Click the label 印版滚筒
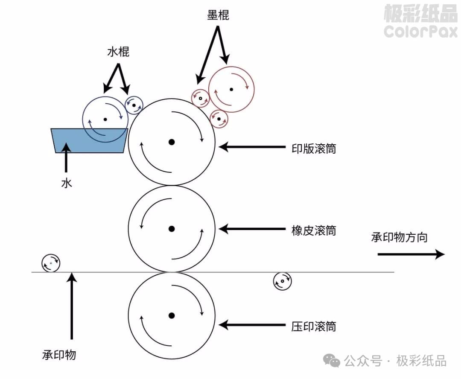click(313, 148)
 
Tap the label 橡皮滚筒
click(313, 230)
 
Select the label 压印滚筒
click(313, 327)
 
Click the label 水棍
click(118, 52)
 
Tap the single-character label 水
click(66, 184)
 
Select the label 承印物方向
click(399, 237)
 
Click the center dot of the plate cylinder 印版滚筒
click(172, 142)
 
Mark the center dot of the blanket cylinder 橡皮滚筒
click(172, 229)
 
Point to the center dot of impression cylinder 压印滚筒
click(172, 316)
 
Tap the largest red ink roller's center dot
click(231, 89)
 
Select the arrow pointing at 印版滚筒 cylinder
click(252, 147)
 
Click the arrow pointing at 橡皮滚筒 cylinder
click(252, 230)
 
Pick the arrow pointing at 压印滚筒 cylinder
click(252, 325)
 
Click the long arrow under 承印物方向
click(411, 255)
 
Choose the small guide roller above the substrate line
click(51, 263)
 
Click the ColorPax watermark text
click(420, 31)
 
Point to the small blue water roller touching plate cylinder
click(134, 105)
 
